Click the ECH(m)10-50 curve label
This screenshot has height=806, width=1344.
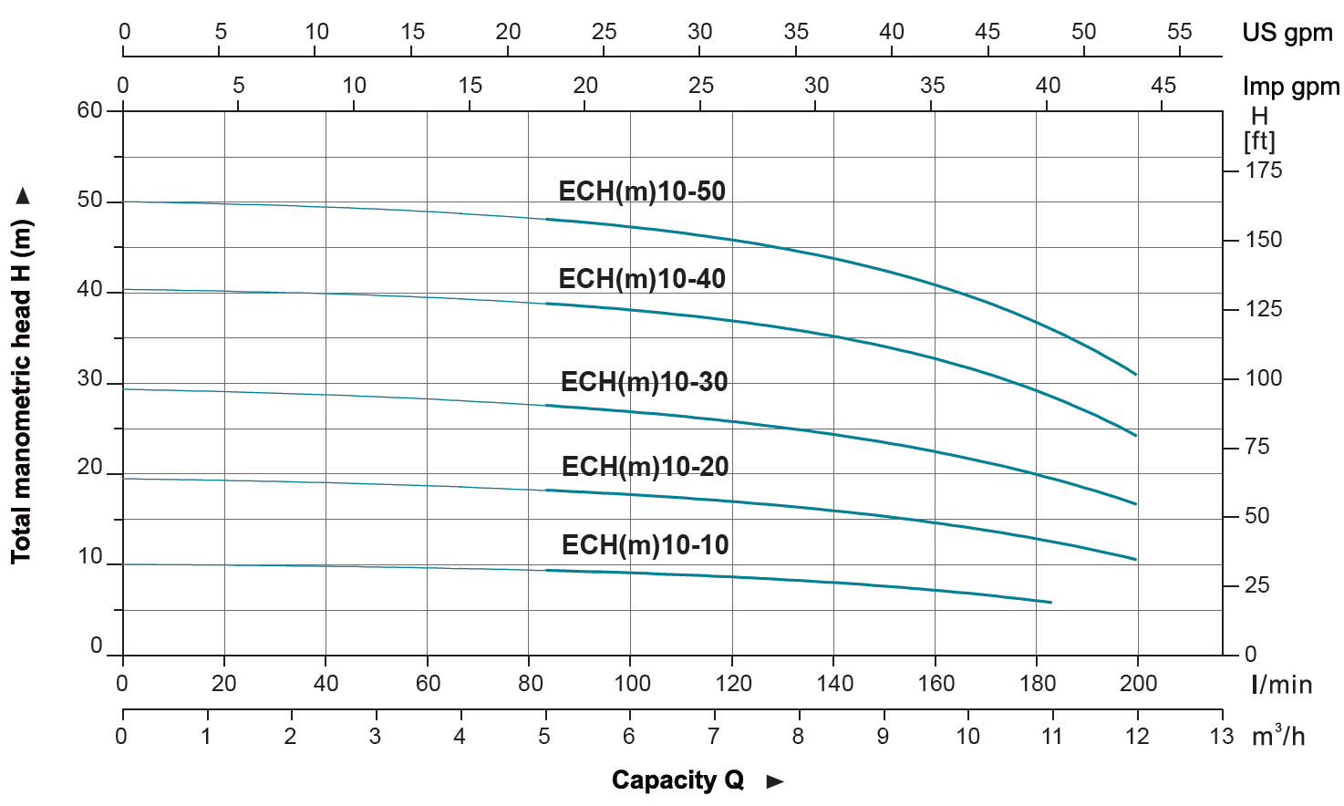[x=642, y=191]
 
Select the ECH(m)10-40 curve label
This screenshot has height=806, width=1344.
[x=642, y=279]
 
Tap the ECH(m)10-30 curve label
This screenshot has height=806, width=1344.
[x=644, y=382]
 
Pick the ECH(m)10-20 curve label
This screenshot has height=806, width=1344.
[x=645, y=467]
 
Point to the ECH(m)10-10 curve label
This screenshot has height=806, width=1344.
[x=645, y=545]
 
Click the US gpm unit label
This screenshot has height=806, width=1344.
[x=1287, y=34]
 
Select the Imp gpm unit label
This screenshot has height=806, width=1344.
[x=1290, y=87]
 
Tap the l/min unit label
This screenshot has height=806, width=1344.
[x=1281, y=685]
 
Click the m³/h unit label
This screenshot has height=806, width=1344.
[x=1278, y=737]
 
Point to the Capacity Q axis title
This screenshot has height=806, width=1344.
[x=677, y=780]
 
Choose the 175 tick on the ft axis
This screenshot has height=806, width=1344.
[x=1264, y=170]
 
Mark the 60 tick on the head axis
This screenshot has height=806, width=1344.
[x=90, y=110]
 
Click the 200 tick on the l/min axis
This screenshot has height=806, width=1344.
[x=1138, y=684]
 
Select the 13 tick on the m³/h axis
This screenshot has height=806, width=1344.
[x=1222, y=737]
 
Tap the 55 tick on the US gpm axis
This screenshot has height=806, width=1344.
[x=1179, y=32]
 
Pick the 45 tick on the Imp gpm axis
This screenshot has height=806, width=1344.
[x=1163, y=86]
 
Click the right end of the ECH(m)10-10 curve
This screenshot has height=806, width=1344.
[x=1051, y=603]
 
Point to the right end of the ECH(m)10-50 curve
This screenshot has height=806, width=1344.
[x=1136, y=375]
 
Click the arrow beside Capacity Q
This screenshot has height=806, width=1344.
[x=775, y=781]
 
